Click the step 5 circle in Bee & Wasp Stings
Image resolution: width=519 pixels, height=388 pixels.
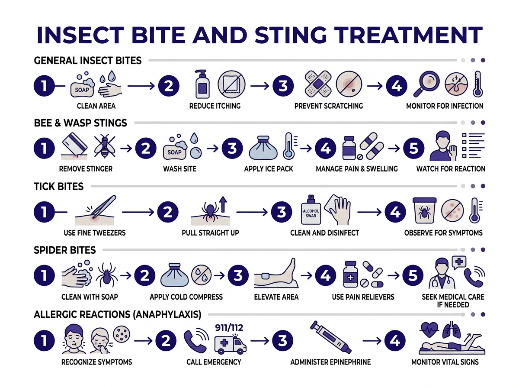click(414, 149)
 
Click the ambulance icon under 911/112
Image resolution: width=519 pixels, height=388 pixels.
click(231, 344)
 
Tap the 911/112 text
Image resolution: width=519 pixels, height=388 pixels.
click(229, 327)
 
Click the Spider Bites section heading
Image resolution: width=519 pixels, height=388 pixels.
click(65, 250)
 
